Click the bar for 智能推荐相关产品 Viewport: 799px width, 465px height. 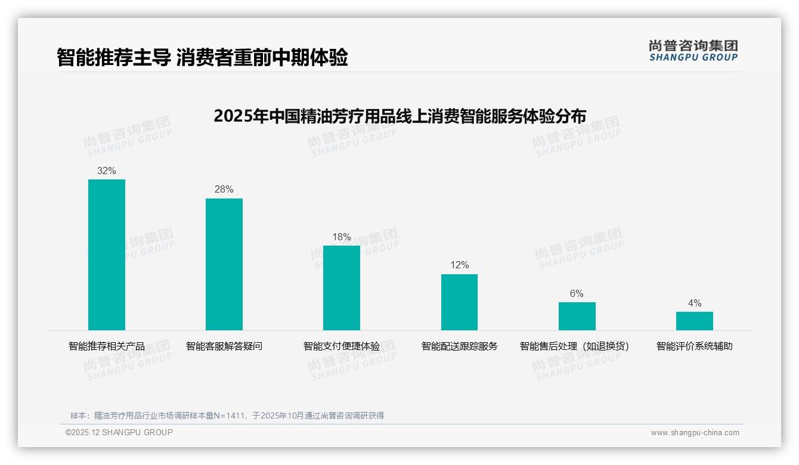tap(107, 255)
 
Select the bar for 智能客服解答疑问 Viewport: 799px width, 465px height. tap(224, 264)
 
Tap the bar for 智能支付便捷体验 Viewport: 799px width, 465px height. tap(342, 288)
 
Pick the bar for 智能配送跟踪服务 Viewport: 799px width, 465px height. tap(459, 302)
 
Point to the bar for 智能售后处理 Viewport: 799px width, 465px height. tap(577, 316)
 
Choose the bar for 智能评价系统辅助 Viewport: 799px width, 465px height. tap(694, 321)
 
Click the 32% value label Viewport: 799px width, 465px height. tap(107, 171)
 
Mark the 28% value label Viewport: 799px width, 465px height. tap(224, 190)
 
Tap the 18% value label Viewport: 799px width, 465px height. tap(342, 237)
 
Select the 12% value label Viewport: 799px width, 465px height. tap(459, 265)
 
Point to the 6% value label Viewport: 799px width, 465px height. tap(577, 294)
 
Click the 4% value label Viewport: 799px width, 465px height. tap(694, 303)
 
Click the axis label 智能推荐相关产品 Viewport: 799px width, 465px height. tap(107, 346)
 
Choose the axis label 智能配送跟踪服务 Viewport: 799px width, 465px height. tap(459, 346)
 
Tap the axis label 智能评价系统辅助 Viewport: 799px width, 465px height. tap(694, 346)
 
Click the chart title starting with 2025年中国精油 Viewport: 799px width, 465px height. tap(399, 116)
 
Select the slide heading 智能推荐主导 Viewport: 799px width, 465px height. tap(202, 58)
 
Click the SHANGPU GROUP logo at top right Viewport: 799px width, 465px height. tap(693, 51)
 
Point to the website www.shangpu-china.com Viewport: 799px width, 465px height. tap(695, 433)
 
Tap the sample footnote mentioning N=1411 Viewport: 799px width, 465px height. tap(227, 416)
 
